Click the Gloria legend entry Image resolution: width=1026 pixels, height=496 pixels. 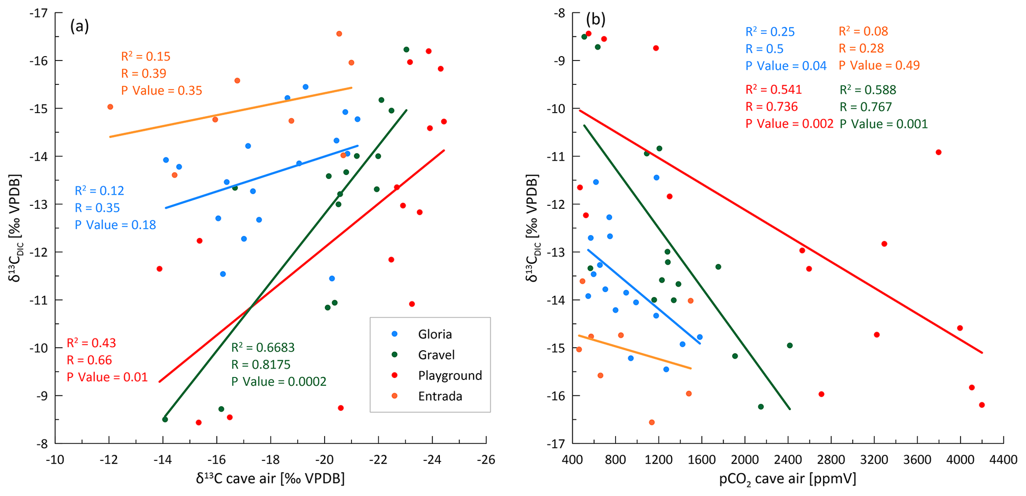pos(434,334)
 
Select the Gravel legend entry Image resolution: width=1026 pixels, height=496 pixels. pos(436,355)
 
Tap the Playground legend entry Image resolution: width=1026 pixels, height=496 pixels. pos(450,375)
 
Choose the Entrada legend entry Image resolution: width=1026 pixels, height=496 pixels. pos(440,396)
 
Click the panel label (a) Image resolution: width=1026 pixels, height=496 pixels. pos(79,26)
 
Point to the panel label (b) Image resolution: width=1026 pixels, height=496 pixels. pos(596,19)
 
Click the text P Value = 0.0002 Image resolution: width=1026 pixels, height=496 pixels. pos(279,381)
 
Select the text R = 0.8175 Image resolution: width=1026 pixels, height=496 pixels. pos(261,365)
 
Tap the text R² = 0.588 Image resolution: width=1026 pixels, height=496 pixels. pos(868,90)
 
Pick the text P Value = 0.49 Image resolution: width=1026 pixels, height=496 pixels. pos(879,65)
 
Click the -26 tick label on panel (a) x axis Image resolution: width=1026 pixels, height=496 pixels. pos(486,460)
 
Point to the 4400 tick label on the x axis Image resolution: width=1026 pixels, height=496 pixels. pos(1003,460)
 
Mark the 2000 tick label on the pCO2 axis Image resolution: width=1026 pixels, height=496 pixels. pos(745,460)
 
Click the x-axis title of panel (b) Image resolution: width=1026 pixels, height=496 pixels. pos(788,479)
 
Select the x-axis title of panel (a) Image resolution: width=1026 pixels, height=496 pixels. pos(271,479)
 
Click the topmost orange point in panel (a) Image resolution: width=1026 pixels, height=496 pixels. pos(339,34)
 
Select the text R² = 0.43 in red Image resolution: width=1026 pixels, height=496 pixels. pos(91,343)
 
